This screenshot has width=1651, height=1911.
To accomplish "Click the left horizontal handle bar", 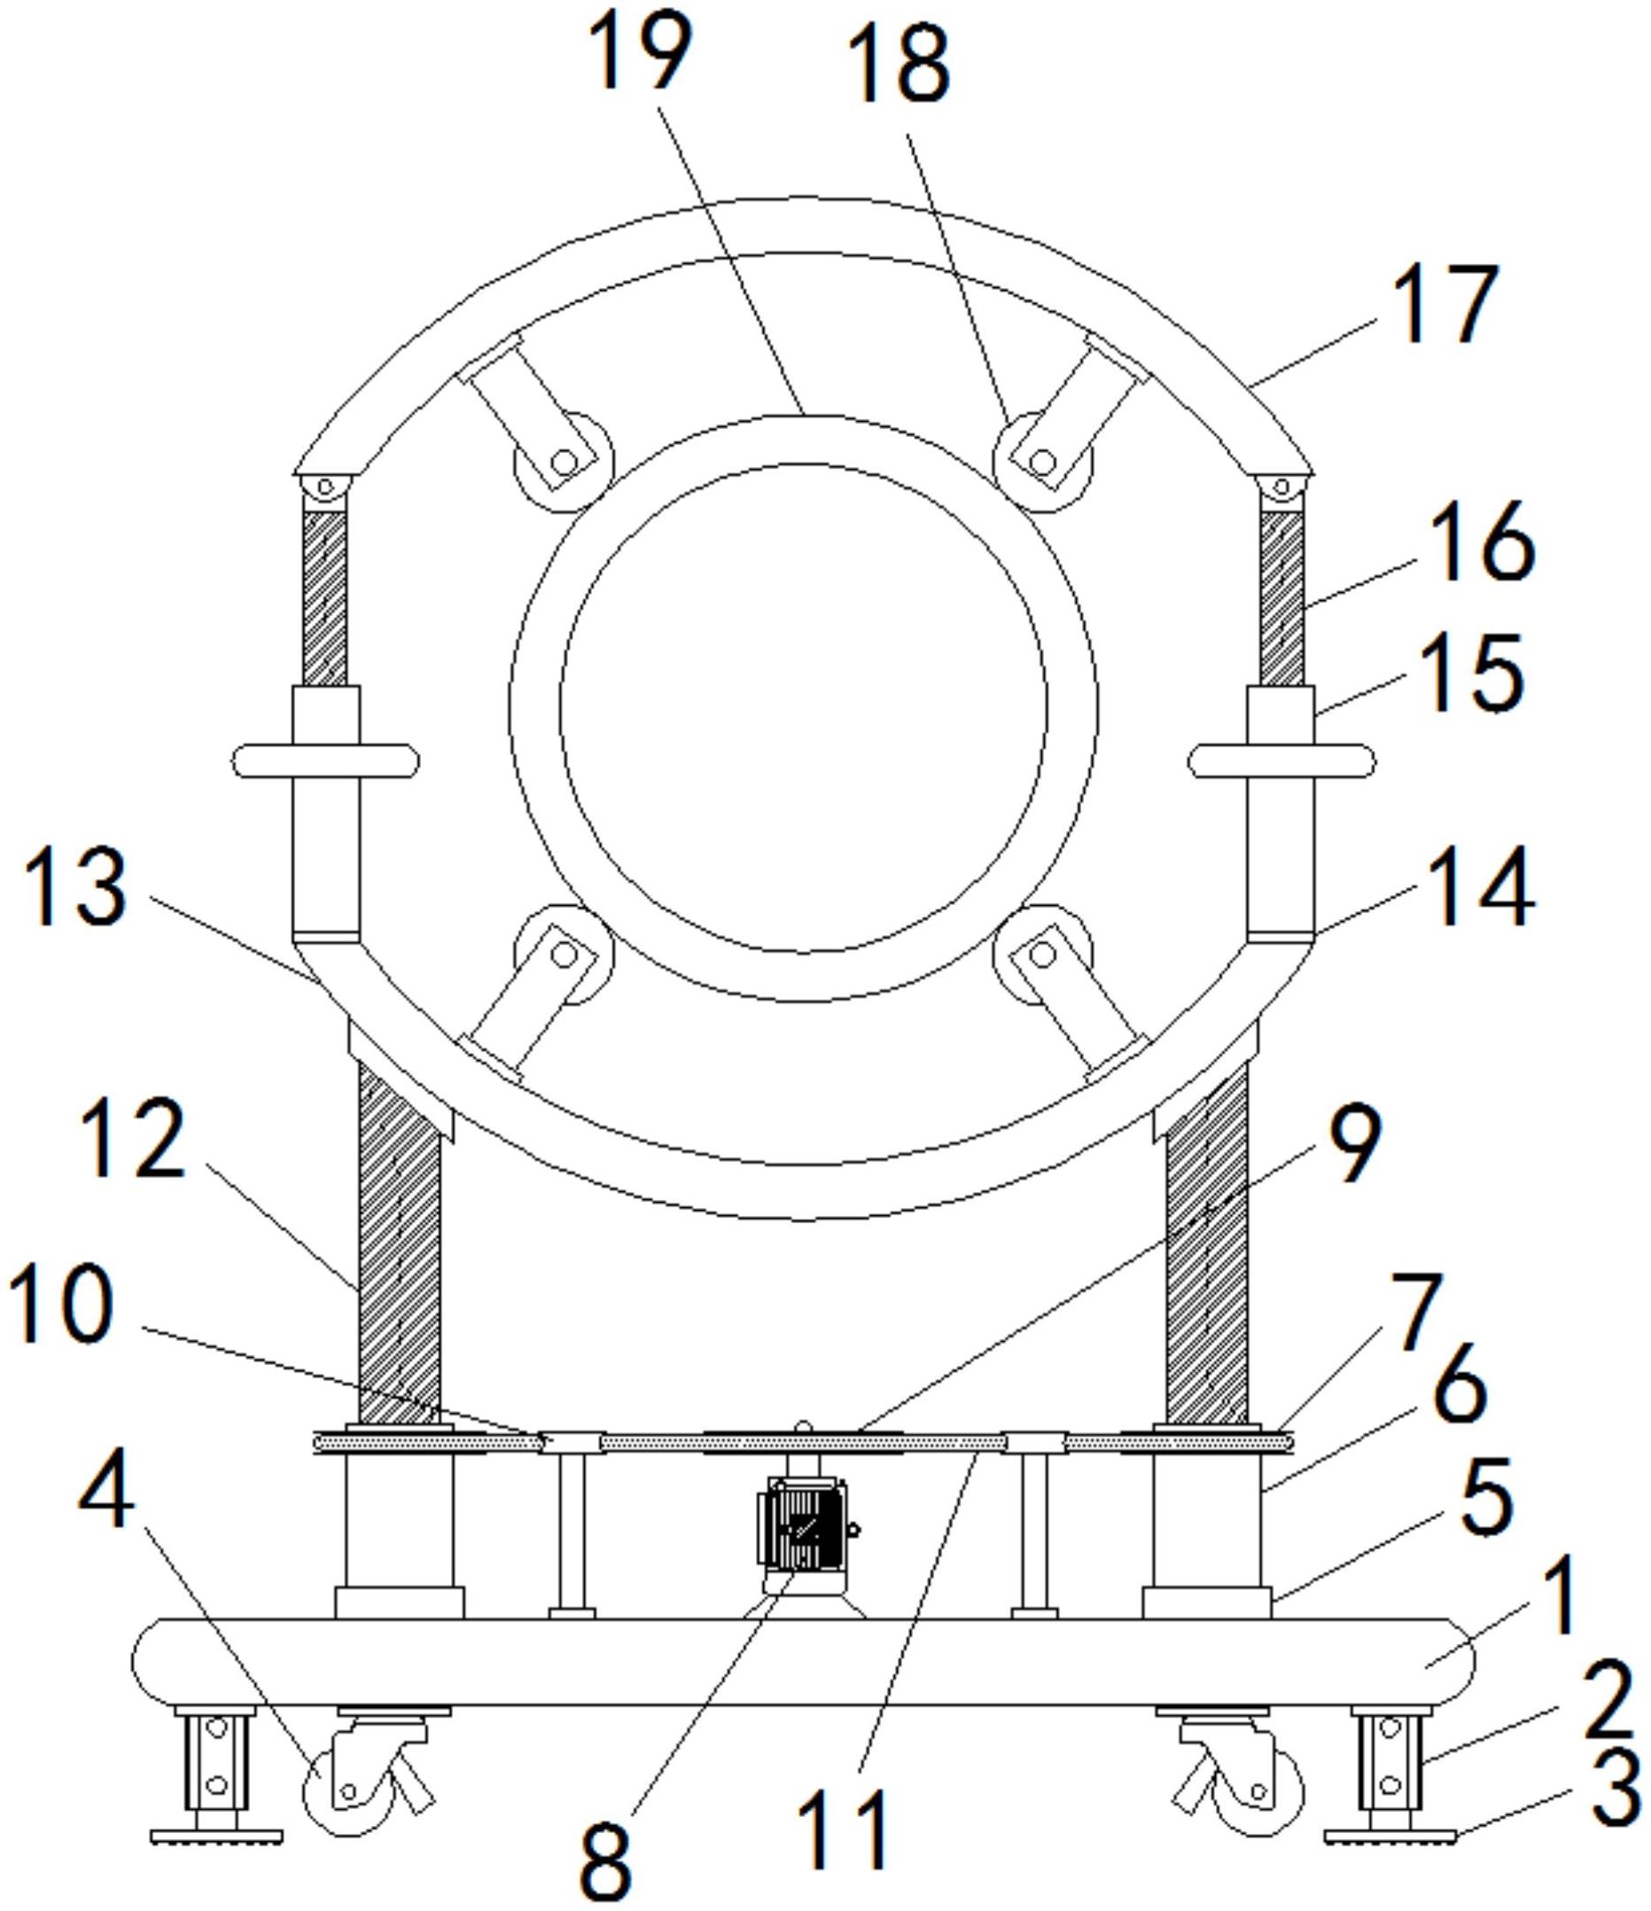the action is (325, 760).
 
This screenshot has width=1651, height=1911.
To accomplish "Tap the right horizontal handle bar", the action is (1281, 760).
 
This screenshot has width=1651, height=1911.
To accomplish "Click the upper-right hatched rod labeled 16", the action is (1282, 598).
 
